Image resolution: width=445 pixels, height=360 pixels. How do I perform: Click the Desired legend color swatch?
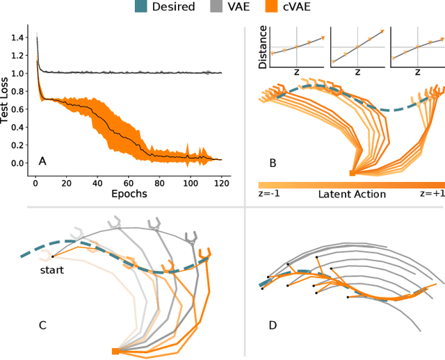click(x=143, y=7)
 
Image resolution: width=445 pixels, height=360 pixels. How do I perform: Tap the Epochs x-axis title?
click(x=129, y=194)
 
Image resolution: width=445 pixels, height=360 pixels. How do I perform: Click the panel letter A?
click(x=42, y=161)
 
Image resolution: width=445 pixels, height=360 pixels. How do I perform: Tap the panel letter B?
click(x=273, y=164)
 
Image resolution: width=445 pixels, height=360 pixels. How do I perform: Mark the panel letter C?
click(x=42, y=324)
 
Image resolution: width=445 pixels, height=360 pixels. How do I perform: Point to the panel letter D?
click(x=273, y=324)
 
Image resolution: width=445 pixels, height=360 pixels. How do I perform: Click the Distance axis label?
click(x=263, y=47)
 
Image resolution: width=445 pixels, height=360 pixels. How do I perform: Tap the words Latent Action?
click(x=351, y=195)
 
